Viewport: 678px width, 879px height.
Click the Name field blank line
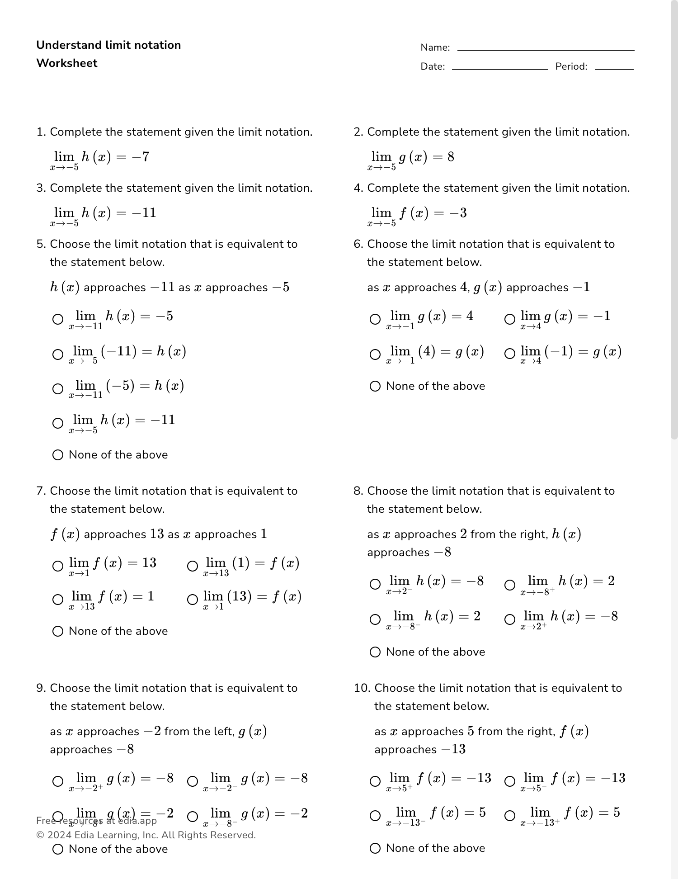546,49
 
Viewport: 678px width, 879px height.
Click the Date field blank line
499,68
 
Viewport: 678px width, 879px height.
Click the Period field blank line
614,68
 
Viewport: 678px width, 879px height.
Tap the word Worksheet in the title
67,63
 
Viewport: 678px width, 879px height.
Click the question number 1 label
41,132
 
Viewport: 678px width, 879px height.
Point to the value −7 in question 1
141,157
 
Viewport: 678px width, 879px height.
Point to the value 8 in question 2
451,157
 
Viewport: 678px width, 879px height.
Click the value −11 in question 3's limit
144,213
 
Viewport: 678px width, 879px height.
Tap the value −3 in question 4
457,213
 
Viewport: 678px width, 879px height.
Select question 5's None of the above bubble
58,455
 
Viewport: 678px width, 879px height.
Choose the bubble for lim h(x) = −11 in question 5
58,423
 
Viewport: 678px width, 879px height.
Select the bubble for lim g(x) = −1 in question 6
509,319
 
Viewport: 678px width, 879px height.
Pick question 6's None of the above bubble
375,386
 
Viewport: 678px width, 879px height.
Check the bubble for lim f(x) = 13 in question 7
58,566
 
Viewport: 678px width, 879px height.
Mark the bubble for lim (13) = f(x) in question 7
193,600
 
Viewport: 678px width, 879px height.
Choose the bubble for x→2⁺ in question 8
509,619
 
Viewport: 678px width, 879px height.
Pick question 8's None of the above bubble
375,652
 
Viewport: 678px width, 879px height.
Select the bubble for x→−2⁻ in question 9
193,781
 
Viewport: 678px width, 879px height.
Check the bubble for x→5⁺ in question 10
375,781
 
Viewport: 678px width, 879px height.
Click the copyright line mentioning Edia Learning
146,835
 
